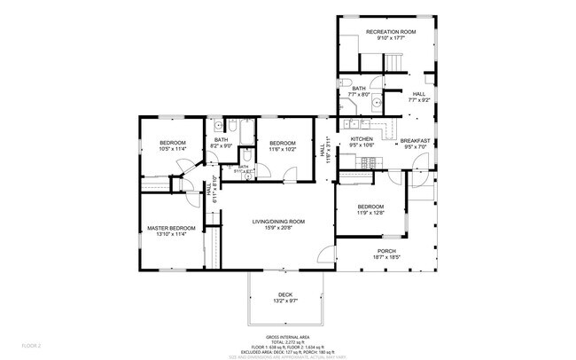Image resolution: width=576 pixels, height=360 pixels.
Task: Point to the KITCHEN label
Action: (x=362, y=140)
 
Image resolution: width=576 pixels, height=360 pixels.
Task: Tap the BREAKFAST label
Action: (x=415, y=140)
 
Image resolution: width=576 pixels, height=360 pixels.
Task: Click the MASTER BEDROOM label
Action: (x=170, y=228)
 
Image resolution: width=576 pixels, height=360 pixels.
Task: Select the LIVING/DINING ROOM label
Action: (x=278, y=221)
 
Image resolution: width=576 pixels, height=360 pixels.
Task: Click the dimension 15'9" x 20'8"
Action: (x=278, y=228)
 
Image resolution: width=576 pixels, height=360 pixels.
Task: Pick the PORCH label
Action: (x=386, y=251)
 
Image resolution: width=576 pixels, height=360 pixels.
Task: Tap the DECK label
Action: (x=284, y=294)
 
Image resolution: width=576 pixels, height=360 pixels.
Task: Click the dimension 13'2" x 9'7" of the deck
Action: (x=284, y=301)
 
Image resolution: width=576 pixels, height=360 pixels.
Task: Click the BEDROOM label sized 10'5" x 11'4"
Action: (x=173, y=143)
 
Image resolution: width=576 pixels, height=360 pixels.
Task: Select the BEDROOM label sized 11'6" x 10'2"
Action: (x=282, y=143)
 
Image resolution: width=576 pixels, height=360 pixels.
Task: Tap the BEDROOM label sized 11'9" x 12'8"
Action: (x=370, y=207)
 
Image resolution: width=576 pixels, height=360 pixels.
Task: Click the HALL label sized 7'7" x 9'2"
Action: (x=418, y=94)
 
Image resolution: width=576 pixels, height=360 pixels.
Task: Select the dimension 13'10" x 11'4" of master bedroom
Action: (x=170, y=235)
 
